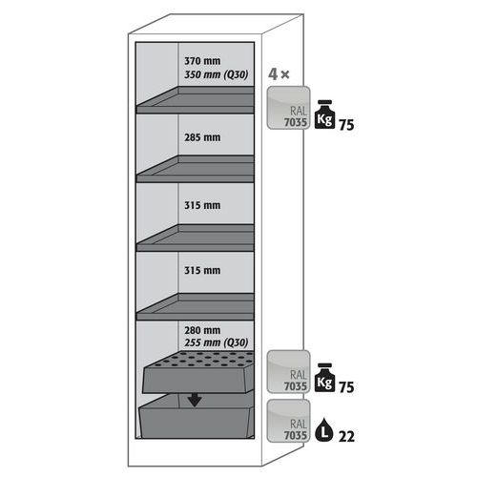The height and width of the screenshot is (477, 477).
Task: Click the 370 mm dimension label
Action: point(202,61)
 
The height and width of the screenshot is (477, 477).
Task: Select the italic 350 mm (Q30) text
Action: point(217,74)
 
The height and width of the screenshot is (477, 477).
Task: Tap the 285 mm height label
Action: point(202,137)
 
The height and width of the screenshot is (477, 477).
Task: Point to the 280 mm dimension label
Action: point(202,330)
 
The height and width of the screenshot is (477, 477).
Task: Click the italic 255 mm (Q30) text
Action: point(217,342)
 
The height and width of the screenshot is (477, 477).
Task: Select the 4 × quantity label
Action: point(279,74)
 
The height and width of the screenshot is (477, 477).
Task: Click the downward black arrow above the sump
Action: point(195,400)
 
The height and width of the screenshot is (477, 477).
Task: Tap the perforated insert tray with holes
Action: point(198,372)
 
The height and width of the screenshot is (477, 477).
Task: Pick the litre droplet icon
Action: point(324,429)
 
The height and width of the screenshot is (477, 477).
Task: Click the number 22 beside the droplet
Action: point(346,436)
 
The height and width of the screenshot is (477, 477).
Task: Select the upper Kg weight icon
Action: point(324,114)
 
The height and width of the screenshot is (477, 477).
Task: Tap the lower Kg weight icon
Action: point(324,378)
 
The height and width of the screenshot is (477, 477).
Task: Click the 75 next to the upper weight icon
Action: point(346,125)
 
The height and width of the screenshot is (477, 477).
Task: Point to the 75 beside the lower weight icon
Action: point(346,387)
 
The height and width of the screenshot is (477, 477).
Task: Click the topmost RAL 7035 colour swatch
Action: point(288,108)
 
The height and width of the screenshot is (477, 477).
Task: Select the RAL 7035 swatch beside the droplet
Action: point(288,421)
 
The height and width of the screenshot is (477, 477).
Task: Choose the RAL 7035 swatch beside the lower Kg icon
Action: point(288,371)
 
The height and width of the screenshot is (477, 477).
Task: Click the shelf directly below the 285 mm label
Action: point(196,169)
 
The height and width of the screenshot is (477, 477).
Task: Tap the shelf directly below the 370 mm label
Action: point(196,100)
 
